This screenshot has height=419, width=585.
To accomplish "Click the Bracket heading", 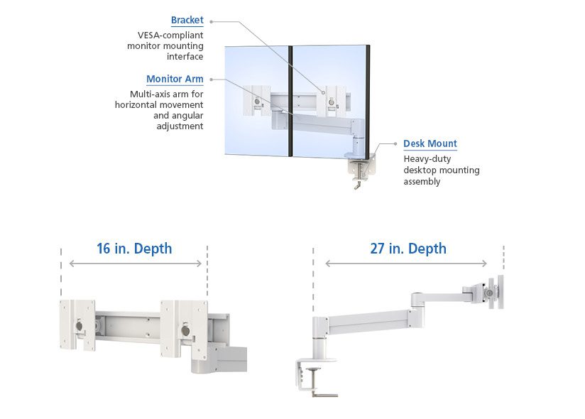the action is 187,20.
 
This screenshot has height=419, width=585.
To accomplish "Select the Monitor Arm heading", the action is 175,79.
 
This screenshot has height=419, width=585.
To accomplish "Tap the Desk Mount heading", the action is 430,143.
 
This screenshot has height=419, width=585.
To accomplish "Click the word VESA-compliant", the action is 170,35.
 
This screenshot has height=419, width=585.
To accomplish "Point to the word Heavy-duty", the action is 427,159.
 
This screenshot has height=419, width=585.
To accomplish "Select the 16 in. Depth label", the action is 134,249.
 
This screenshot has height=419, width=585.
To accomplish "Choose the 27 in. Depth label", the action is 408,249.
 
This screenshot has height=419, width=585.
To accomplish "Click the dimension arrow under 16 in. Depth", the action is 136,263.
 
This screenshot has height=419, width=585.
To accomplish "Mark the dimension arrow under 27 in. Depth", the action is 406,263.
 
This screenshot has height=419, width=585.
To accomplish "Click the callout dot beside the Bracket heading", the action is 211,21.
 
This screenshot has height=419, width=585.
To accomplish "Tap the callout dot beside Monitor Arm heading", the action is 211,80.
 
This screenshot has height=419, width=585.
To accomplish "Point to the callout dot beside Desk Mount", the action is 395,143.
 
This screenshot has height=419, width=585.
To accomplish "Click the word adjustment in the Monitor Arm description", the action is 180,126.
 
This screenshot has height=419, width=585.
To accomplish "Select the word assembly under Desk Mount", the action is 422,182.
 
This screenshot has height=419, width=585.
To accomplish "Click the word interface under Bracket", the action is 185,56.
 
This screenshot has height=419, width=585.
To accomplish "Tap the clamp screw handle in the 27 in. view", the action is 325,393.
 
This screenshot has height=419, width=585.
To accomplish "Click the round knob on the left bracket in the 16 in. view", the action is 79,326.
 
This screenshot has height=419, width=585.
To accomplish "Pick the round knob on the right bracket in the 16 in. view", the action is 185,331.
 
